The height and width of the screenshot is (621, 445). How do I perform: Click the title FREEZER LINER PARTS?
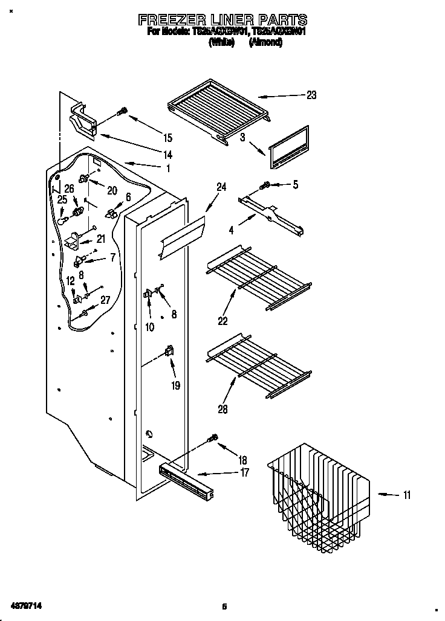[223, 20]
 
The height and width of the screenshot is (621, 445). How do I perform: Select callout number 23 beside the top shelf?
[311, 95]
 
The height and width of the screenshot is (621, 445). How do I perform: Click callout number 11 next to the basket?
[406, 495]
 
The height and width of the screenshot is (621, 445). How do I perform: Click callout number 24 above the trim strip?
[221, 188]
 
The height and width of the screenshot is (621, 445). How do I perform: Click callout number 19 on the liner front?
[175, 384]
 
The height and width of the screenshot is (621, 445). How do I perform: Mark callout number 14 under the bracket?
[167, 155]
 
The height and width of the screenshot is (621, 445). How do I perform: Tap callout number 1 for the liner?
[168, 169]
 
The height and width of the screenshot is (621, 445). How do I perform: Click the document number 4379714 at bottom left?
[25, 605]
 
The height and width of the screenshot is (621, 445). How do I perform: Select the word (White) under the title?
[221, 43]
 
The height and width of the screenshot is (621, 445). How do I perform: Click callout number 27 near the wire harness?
[105, 300]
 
